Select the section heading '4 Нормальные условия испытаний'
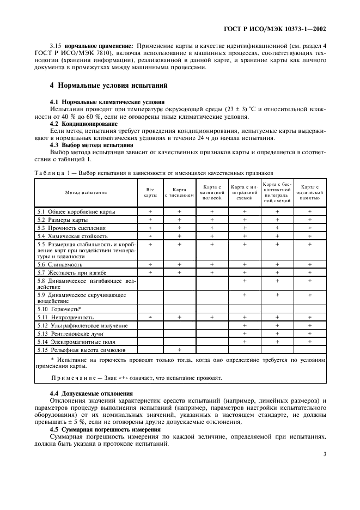click(108, 86)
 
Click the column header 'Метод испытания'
click(86, 192)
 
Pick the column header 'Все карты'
click(150, 192)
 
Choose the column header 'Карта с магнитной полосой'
click(212, 192)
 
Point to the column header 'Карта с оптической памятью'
click(309, 192)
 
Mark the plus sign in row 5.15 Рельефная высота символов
click(179, 349)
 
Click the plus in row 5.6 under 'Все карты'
click(150, 264)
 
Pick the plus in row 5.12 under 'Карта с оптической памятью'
click(309, 325)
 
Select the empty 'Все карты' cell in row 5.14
click(150, 341)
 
